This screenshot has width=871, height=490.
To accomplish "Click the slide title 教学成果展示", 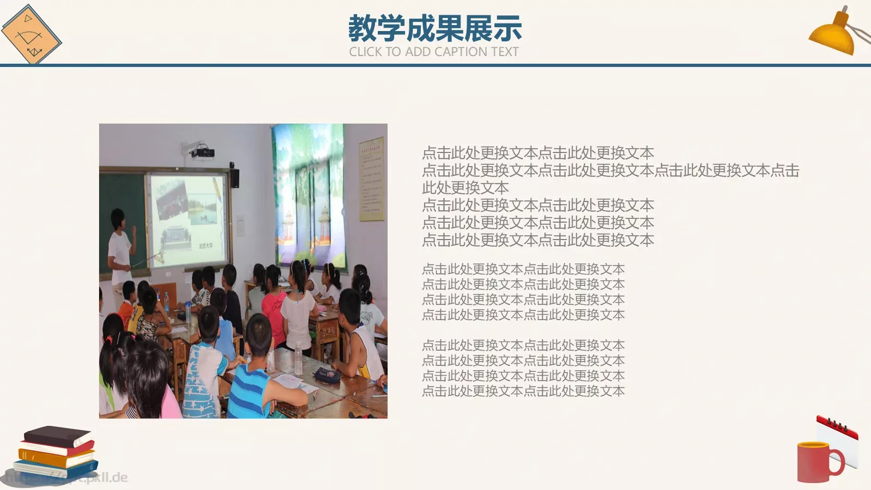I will point(435,28).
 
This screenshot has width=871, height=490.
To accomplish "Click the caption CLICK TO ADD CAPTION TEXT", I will point(434,52).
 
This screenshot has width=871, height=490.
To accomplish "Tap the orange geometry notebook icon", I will point(31,34).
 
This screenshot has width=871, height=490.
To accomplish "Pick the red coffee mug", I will point(817,462).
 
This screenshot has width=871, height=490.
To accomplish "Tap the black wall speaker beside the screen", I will point(235,177).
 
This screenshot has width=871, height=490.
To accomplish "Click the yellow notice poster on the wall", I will point(371,179).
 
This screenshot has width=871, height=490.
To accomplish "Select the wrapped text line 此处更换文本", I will point(465,188).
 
